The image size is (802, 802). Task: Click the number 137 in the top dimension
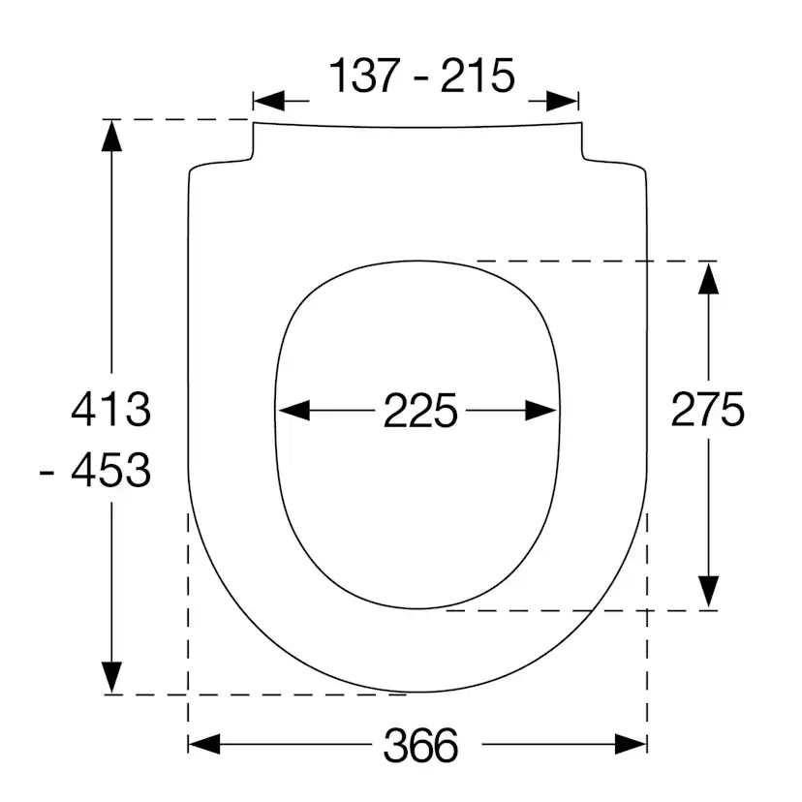pos(366,77)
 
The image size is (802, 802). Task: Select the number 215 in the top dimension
pos(478,77)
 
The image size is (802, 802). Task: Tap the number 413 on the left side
pos(112,411)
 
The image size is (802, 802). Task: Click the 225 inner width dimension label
pos(419,412)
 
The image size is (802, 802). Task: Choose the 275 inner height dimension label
pos(708,411)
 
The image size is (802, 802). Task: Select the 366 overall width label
pos(420,745)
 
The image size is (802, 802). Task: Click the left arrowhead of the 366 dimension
pos(203,744)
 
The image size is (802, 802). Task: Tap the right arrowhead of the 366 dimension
pos(631,744)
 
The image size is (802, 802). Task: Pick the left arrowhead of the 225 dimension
pos(293,411)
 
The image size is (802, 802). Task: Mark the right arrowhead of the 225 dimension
pos(541,411)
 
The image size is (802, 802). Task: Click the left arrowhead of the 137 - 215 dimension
pos(268,100)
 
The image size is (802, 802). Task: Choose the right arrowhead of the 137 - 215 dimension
pos(563,100)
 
